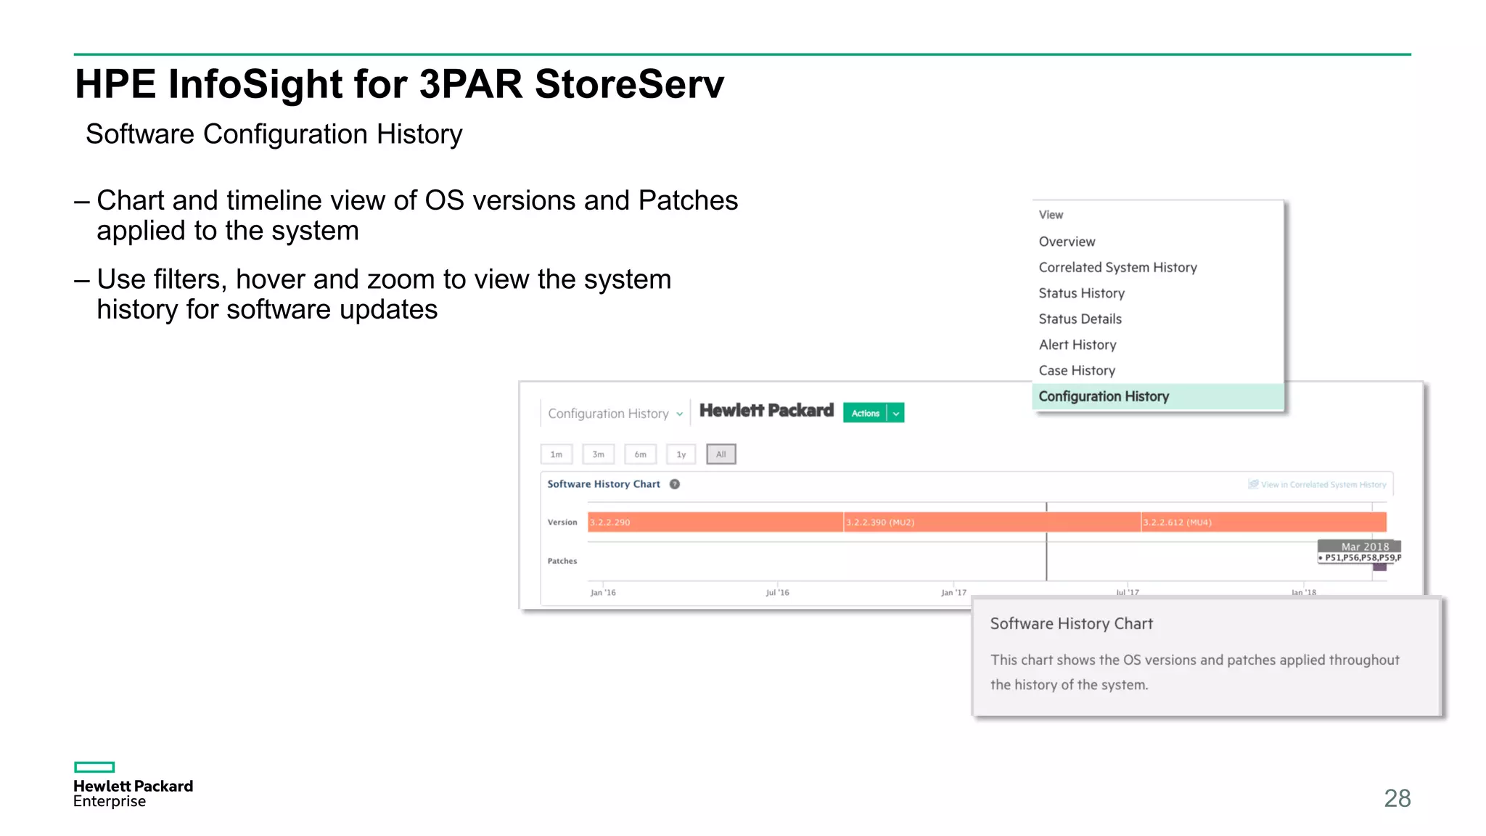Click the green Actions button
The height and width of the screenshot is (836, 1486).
click(x=865, y=413)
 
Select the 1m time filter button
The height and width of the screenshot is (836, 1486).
click(x=557, y=454)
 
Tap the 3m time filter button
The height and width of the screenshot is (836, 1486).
click(x=598, y=454)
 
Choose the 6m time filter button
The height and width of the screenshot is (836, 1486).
click(x=640, y=454)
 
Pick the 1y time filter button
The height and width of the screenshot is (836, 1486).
click(x=681, y=454)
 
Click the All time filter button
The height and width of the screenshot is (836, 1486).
click(x=721, y=454)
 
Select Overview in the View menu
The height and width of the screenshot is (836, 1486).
click(x=1067, y=242)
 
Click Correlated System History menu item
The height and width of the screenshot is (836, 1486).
click(x=1117, y=267)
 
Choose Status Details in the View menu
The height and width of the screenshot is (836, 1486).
click(x=1080, y=319)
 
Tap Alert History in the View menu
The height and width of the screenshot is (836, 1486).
click(x=1077, y=345)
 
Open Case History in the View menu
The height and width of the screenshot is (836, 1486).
click(x=1077, y=370)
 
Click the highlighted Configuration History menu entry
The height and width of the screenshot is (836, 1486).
click(x=1104, y=396)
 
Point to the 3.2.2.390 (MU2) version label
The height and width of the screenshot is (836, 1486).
click(x=880, y=522)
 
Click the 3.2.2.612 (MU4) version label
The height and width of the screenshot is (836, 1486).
click(x=1177, y=522)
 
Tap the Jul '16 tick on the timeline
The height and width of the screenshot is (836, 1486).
click(x=777, y=592)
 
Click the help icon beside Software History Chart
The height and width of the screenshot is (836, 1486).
click(x=675, y=484)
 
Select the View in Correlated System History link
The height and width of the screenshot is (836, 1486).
click(x=1323, y=485)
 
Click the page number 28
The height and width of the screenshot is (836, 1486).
click(x=1397, y=798)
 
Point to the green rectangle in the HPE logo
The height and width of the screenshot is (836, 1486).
click(x=94, y=767)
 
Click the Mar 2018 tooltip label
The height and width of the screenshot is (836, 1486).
click(x=1364, y=546)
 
